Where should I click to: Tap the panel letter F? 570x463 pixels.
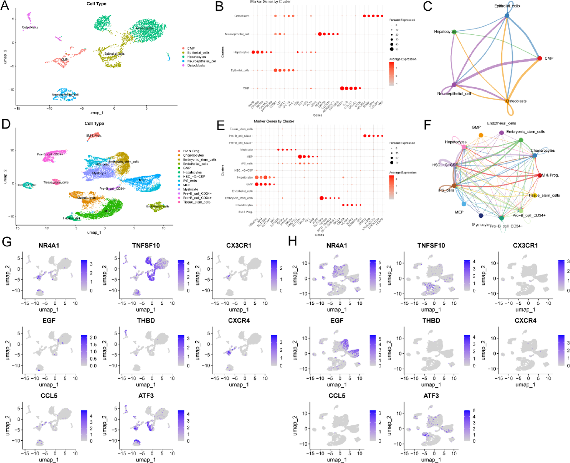(x=427, y=125)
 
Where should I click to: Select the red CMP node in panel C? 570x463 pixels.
(x=539, y=58)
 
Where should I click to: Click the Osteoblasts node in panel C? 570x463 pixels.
(x=508, y=101)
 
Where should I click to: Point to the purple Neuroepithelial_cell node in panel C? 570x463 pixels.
(x=454, y=85)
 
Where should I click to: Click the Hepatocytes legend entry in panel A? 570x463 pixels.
(x=196, y=57)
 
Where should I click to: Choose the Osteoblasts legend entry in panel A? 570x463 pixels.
(x=196, y=66)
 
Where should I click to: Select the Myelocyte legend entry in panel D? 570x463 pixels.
(x=190, y=190)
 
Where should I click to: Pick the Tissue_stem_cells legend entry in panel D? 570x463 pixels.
(x=196, y=202)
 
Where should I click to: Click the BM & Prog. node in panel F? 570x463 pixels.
(x=539, y=175)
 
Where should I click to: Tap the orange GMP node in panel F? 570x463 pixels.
(x=481, y=135)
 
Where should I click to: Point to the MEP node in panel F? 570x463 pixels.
(x=464, y=204)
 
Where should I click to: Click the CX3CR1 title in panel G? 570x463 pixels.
(x=238, y=246)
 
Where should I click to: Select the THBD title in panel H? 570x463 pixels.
(x=431, y=321)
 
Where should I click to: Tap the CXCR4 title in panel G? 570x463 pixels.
(x=238, y=321)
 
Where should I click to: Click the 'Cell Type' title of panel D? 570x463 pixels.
(x=94, y=123)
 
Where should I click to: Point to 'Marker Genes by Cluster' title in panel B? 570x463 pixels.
(x=270, y=2)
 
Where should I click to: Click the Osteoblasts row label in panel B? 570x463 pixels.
(x=241, y=16)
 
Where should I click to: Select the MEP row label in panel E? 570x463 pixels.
(x=249, y=157)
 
